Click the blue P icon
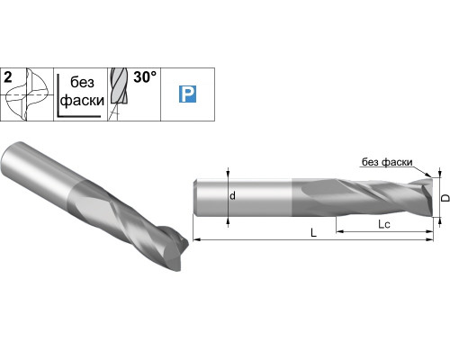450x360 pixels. coord(187,94)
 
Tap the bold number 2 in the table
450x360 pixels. coord(8,77)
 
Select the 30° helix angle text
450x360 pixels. coord(145,77)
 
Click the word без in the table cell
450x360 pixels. coord(82,82)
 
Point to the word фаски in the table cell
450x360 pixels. coord(82,101)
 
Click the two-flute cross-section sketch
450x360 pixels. coord(26,94)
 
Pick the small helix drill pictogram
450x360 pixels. coord(119,94)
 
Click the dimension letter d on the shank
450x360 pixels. coord(232,196)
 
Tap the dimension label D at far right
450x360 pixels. coord(445,198)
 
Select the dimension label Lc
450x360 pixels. coord(384,224)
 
